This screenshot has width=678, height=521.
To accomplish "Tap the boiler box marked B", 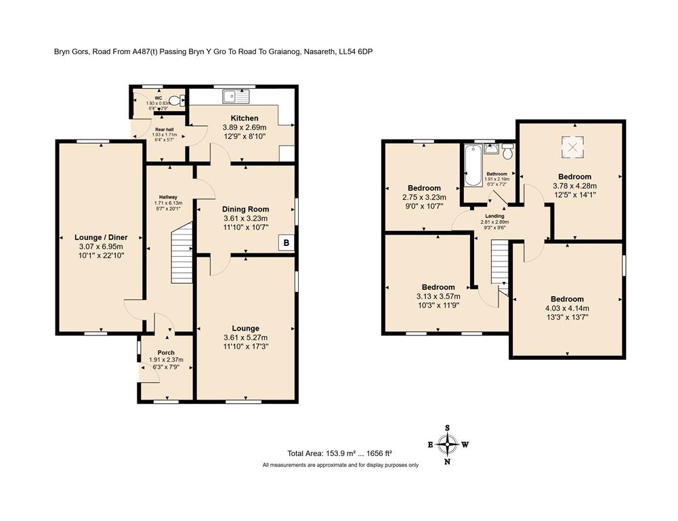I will click(x=287, y=243).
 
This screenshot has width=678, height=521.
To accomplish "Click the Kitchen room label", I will click(x=245, y=118).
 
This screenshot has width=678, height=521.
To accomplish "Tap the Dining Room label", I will click(x=245, y=209).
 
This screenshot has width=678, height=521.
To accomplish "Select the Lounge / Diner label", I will click(x=99, y=238).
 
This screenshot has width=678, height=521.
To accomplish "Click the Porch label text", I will click(x=166, y=352).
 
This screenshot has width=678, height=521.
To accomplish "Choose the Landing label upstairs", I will click(x=494, y=215).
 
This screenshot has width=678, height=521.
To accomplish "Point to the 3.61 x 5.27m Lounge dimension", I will click(x=245, y=337).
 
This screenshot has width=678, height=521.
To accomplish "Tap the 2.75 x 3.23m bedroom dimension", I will click(x=424, y=198).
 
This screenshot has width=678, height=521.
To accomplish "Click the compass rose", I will click(x=447, y=444).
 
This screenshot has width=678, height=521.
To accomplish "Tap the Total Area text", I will click(x=339, y=453).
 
